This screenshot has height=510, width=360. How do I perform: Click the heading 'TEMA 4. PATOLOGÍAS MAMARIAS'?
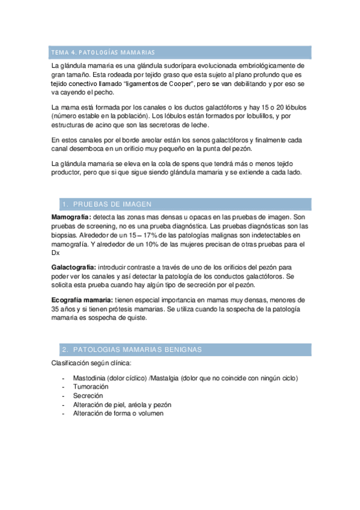pos(103,52)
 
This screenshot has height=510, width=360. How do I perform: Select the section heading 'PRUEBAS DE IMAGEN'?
pos(107,204)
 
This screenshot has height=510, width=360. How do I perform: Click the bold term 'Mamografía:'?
pos(72,217)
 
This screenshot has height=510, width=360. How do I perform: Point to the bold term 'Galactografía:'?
pos(73,266)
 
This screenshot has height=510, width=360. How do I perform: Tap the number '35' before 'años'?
pos(56,309)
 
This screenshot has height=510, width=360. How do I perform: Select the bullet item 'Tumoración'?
pos(91,387)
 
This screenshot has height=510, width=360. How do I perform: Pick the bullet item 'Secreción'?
pos(88,396)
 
